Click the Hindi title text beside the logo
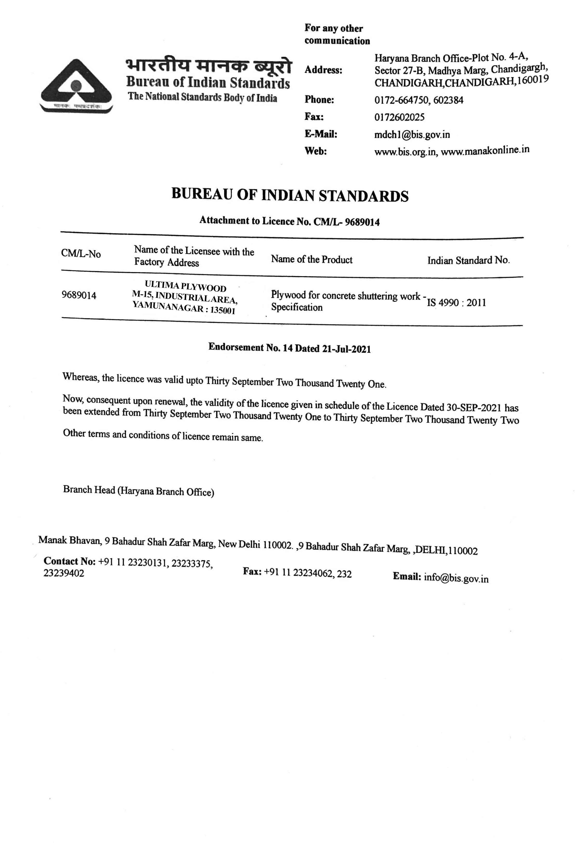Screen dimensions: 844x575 tap(208, 66)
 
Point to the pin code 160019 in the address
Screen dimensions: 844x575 tap(533, 80)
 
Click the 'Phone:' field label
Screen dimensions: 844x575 tap(319, 100)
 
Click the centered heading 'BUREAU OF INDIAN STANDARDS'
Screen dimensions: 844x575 tap(290, 195)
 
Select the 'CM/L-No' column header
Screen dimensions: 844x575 tap(81, 254)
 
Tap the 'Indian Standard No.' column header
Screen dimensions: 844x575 tap(468, 260)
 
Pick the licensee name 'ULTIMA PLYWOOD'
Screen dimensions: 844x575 tap(185, 286)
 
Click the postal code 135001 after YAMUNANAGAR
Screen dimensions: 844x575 tap(223, 311)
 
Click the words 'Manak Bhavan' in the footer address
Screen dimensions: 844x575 tap(69, 540)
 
